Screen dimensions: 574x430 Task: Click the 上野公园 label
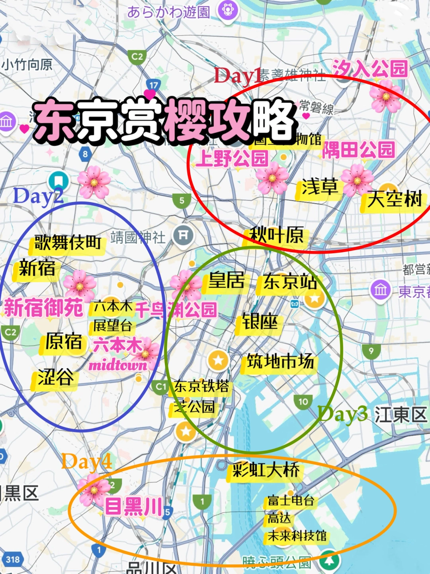tap(232, 158)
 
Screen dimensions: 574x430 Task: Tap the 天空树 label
tap(394, 199)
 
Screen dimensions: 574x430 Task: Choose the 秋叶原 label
tap(276, 235)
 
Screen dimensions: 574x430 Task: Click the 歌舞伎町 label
tap(67, 242)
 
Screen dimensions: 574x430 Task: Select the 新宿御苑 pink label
tap(43, 308)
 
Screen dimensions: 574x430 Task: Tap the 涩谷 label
tap(55, 377)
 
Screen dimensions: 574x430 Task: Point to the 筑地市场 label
tap(280, 362)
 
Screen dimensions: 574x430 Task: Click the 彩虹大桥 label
tap(266, 470)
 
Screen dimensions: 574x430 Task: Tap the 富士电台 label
tap(291, 500)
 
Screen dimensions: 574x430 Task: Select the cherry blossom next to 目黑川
tap(94, 490)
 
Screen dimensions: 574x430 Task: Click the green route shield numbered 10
tap(303, 402)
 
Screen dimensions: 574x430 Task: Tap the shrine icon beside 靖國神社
tap(183, 236)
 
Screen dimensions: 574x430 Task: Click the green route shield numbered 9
tap(371, 351)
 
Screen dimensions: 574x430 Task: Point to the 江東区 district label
tap(400, 415)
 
